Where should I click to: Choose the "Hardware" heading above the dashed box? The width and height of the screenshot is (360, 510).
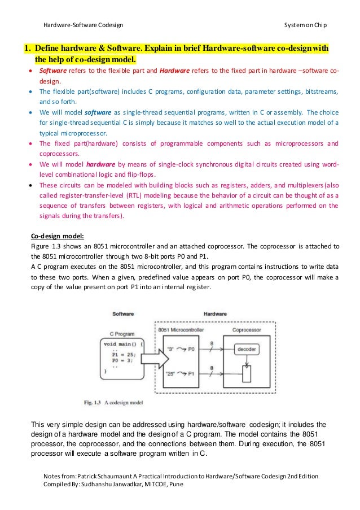pyautogui.click(x=215, y=314)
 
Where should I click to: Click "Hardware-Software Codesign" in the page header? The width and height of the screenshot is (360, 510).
pyautogui.click(x=83, y=26)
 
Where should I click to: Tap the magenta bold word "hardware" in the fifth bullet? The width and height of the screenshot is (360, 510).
pyautogui.click(x=94, y=164)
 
